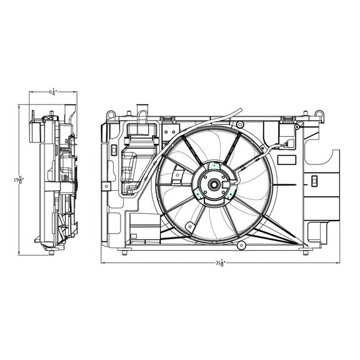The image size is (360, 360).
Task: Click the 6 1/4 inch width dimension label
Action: click(53, 93)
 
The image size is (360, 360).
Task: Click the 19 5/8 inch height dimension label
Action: click(19, 179)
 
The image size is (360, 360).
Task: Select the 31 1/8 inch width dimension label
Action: click(219, 263)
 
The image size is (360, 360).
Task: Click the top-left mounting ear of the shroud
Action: click(111, 115)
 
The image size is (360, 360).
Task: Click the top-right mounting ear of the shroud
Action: click(319, 115)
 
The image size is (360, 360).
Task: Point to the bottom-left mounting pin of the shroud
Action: click(125, 252)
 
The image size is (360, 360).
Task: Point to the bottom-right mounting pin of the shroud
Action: click(306, 252)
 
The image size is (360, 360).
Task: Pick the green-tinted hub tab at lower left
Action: click(199, 194)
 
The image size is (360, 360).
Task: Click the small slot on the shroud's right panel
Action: click(314, 181)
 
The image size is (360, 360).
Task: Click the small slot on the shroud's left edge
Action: click(114, 150)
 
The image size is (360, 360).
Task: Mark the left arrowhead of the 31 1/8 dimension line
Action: click(103, 262)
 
